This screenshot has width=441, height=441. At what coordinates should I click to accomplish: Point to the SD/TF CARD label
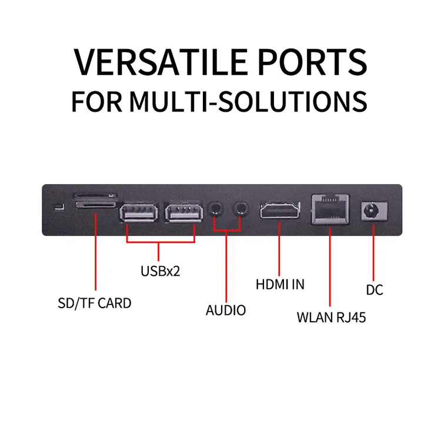pyautogui.click(x=94, y=303)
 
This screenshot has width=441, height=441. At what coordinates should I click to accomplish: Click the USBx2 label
pyautogui.click(x=160, y=272)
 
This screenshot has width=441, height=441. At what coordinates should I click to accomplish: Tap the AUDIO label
pyautogui.click(x=226, y=310)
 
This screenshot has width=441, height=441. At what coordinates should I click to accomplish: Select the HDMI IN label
pyautogui.click(x=280, y=284)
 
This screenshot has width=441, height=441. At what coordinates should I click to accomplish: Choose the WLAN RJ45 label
pyautogui.click(x=332, y=318)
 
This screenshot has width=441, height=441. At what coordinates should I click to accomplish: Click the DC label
pyautogui.click(x=374, y=289)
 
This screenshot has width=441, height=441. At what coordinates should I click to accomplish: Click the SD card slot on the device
pyautogui.click(x=95, y=199)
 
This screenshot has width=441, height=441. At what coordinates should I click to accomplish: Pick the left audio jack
pyautogui.click(x=216, y=208)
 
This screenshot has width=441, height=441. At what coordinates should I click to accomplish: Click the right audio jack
pyautogui.click(x=240, y=208)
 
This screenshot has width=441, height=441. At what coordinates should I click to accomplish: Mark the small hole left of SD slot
pyautogui.click(x=57, y=206)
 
